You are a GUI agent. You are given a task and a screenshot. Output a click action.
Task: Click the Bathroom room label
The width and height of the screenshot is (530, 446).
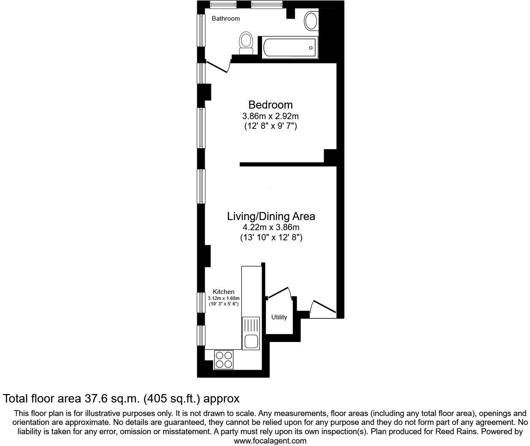click(226, 19)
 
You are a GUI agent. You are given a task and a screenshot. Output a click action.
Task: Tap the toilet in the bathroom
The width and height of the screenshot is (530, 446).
click(246, 43)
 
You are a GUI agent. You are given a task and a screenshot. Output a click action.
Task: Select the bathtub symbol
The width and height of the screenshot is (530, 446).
click(289, 48)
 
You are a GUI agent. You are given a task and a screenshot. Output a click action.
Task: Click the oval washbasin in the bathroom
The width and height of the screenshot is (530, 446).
click(311, 21)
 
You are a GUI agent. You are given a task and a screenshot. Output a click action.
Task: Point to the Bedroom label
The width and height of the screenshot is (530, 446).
click(270, 105)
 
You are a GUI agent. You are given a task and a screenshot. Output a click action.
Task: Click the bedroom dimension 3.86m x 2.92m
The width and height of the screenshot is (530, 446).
click(270, 116)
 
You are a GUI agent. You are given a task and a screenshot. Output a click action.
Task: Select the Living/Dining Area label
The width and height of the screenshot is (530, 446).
click(271, 216)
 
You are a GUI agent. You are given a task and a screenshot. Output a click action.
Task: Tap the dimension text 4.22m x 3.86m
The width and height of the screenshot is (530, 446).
click(271, 228)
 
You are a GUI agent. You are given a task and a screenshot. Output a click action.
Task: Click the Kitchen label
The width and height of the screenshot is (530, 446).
click(223, 292)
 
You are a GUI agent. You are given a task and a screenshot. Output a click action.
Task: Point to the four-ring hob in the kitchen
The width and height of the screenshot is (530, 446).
click(224, 359)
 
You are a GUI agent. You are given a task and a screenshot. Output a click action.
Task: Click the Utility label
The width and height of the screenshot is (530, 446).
click(279, 317)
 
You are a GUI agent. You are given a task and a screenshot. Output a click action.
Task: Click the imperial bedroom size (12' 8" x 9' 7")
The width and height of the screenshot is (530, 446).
click(270, 126)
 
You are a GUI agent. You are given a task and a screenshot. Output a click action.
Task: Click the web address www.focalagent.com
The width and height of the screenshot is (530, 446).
click(270, 441)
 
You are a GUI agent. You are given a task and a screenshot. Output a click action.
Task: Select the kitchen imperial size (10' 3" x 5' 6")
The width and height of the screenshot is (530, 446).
click(224, 304)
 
